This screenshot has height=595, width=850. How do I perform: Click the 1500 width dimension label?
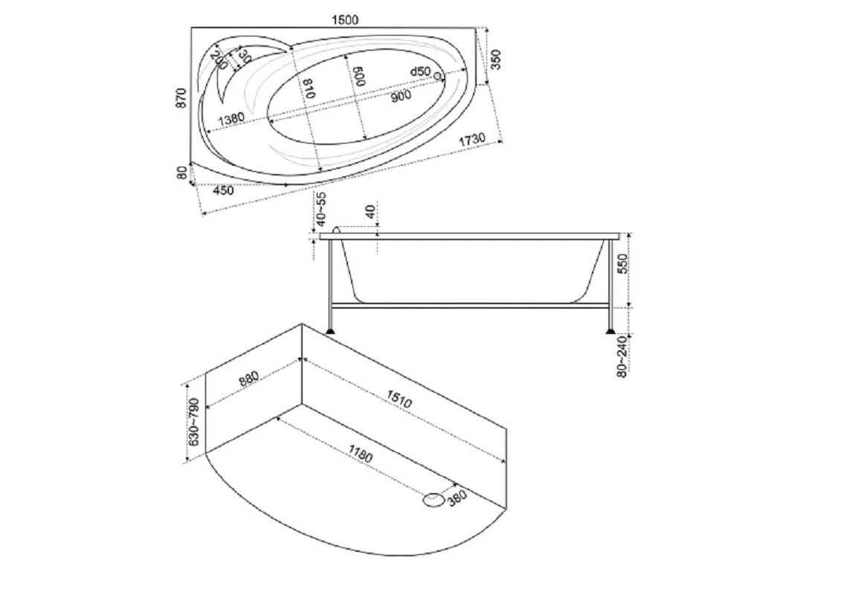point(345,20)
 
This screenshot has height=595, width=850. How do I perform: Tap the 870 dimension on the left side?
point(181,97)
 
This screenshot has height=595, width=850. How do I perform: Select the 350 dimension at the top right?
point(495,59)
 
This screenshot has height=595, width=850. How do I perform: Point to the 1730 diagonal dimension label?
point(471,139)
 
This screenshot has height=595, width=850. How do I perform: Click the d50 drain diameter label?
point(420,71)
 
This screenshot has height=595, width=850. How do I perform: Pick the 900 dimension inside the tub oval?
point(401,95)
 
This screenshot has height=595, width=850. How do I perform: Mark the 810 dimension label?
point(309,88)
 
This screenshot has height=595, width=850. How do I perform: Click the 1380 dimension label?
point(231,119)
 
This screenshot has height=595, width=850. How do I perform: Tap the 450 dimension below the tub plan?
point(223,190)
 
